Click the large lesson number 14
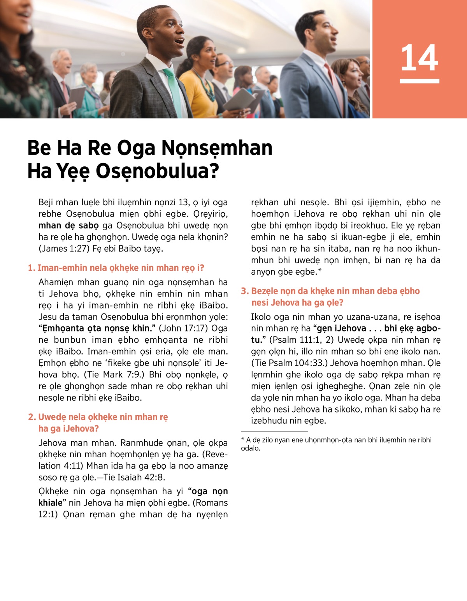pos(420,58)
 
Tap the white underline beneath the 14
pos(420,81)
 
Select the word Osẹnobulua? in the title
pos(157,171)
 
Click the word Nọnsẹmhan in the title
pos(217,148)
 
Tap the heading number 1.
pos(31,268)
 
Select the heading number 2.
pos(32,417)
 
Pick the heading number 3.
pos(244,291)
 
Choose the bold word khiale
pos(50,503)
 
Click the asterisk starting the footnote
pos(243,440)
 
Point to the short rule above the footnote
pos(274,431)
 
